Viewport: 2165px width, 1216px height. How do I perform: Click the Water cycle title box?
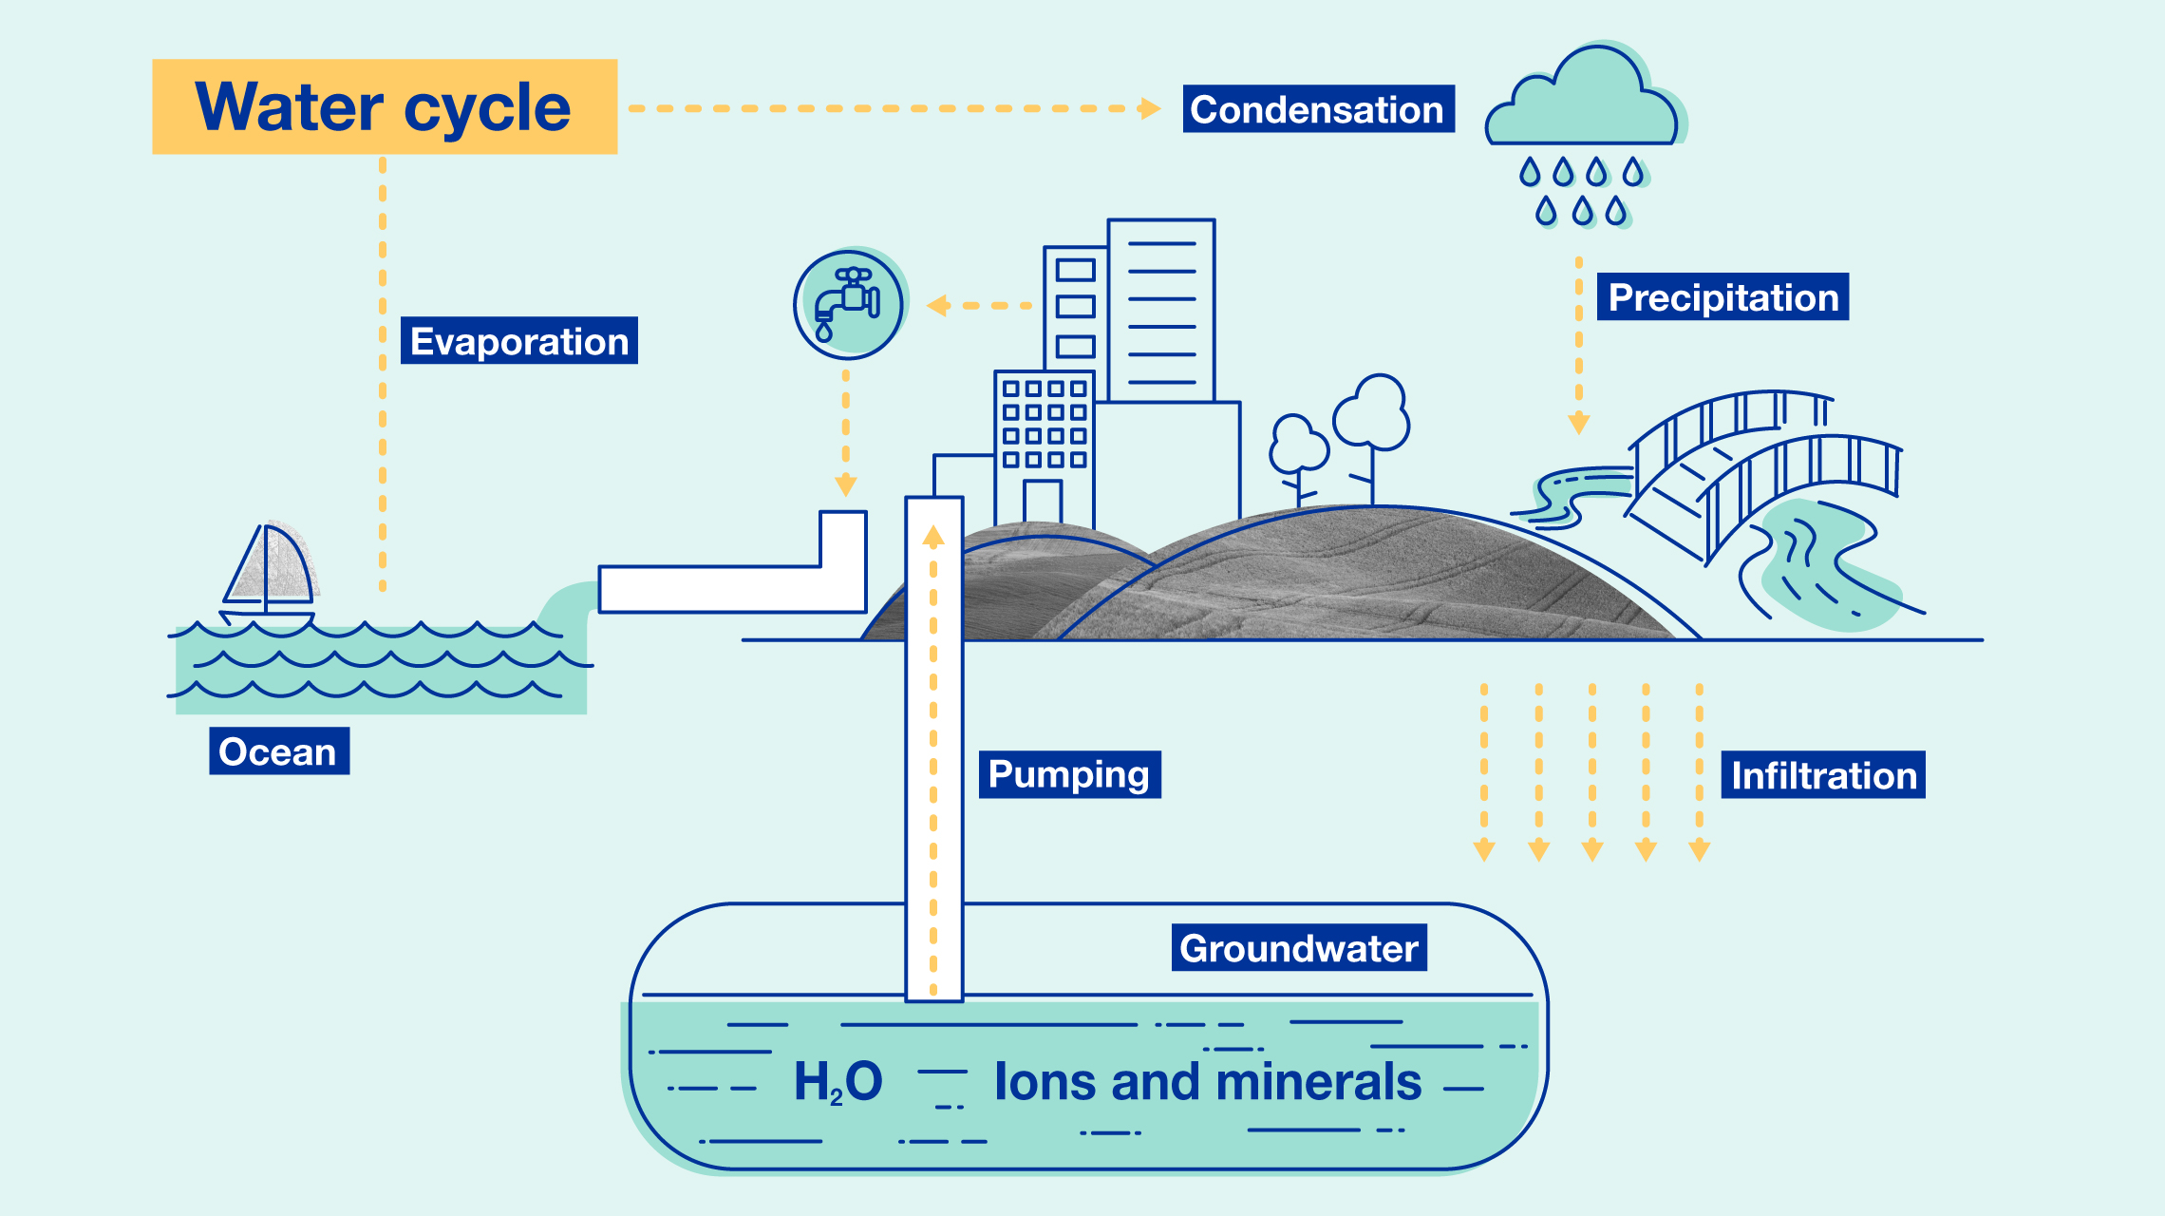pos(385,106)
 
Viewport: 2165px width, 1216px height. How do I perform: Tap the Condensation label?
pos(1318,109)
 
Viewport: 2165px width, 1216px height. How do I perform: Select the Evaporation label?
pos(518,341)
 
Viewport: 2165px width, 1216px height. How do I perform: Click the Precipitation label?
pos(1723,297)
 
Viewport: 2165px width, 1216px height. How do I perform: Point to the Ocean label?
pos(278,751)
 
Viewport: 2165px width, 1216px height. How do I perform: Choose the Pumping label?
pos(1069,774)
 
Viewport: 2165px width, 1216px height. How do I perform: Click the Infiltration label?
pos(1823,775)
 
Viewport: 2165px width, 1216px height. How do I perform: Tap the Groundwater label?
pos(1299,948)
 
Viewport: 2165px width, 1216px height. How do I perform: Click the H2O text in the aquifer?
pos(838,1082)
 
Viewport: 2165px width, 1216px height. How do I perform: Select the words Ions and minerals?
pos(1207,1082)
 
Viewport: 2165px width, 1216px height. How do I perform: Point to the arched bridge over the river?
pos(1766,465)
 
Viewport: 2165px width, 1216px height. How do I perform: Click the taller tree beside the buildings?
pos(1371,418)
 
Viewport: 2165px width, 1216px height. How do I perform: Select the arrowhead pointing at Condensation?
pos(1150,108)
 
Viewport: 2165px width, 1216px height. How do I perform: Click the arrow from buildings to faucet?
pos(978,306)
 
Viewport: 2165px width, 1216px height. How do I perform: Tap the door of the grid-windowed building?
pos(1042,501)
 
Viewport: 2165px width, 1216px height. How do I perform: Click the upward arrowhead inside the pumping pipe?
pos(933,537)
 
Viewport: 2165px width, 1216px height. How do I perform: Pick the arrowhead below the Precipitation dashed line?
pos(1578,423)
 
